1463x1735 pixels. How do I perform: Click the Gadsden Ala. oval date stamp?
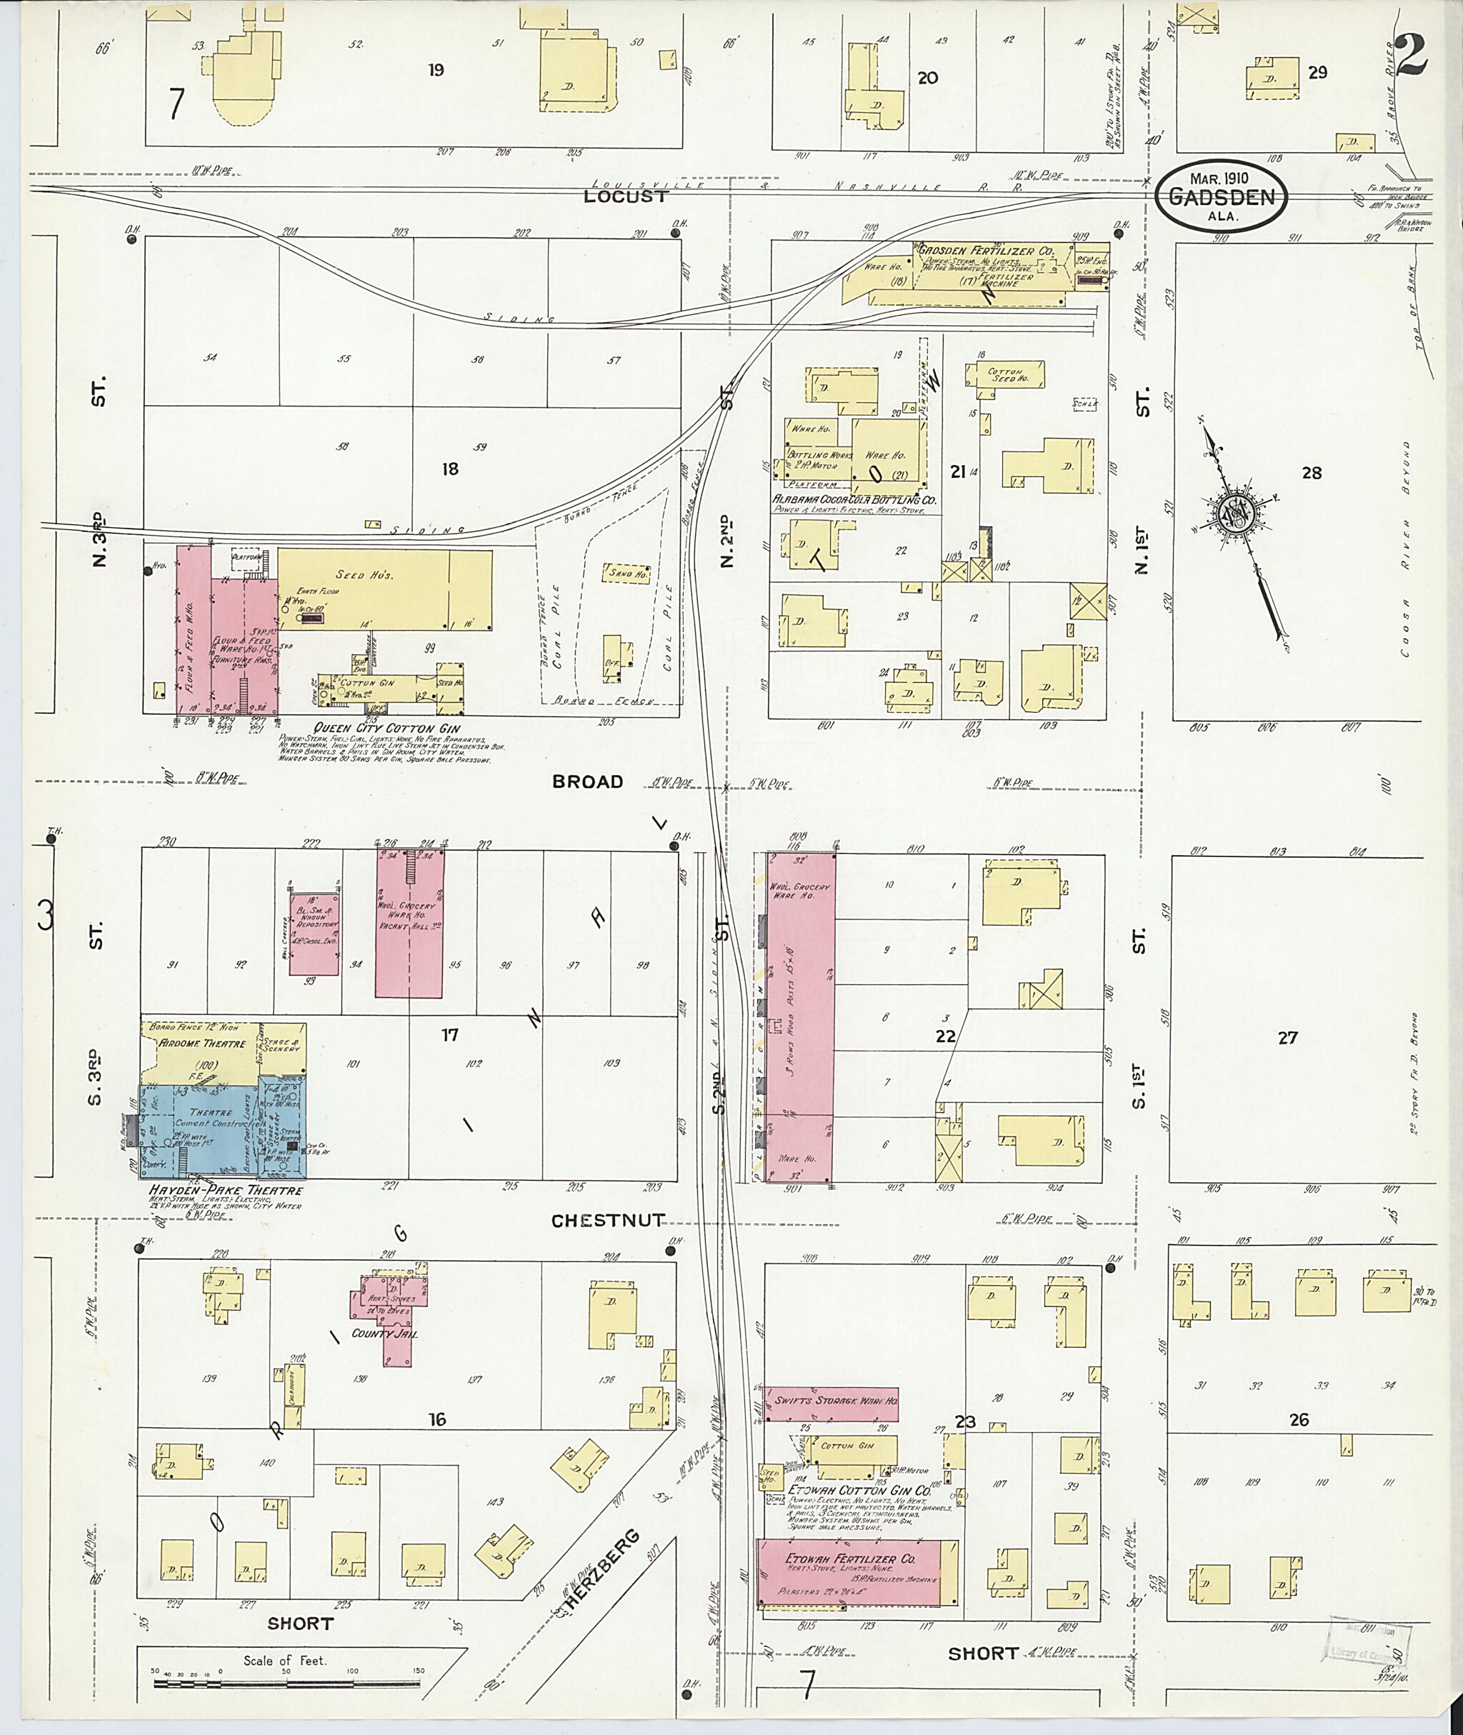point(1222,196)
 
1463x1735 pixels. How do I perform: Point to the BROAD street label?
point(587,781)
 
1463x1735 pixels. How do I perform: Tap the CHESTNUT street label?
point(608,1220)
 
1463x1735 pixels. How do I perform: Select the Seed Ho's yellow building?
point(384,589)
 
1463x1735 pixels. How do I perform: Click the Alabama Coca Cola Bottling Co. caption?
point(854,500)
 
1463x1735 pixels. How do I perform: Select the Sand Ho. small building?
point(627,572)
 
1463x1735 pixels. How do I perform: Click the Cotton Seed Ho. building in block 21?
point(1004,374)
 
